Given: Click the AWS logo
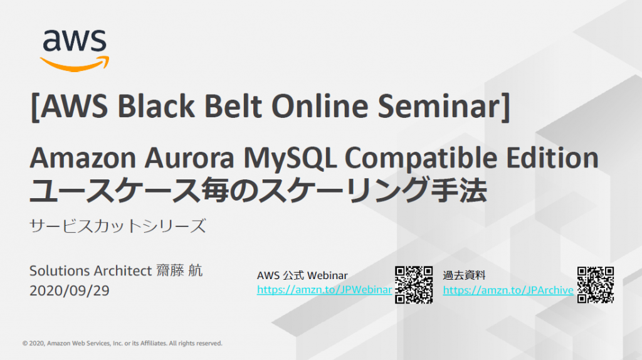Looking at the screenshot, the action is tap(75, 50).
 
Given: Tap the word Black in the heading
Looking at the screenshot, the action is tap(156, 107).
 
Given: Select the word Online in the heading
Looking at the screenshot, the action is tap(320, 107).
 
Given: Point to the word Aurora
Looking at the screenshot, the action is tap(189, 157).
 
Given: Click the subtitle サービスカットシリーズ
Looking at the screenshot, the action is tap(117, 226).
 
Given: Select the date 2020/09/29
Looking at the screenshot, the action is tap(69, 290).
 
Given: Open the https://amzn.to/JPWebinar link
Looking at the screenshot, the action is tap(324, 290).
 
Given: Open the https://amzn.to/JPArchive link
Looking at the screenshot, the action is tap(508, 290).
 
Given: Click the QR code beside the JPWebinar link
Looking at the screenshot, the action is tap(414, 285).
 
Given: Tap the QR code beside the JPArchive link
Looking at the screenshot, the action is tap(596, 285).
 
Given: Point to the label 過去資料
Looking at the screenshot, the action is tap(465, 275).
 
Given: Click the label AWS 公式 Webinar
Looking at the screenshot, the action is tap(302, 275).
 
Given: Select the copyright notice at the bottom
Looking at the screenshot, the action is tap(122, 343).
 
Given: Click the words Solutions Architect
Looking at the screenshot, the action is tap(90, 271).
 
